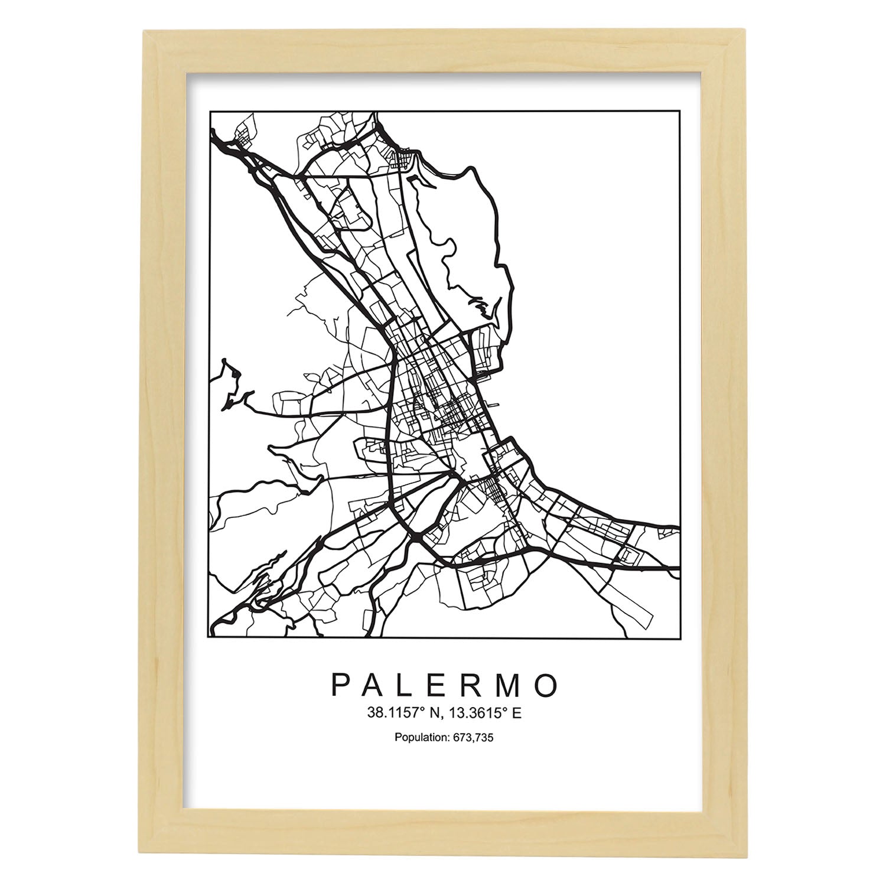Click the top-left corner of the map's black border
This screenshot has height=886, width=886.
(210, 110)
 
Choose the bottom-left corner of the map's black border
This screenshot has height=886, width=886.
(210, 639)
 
